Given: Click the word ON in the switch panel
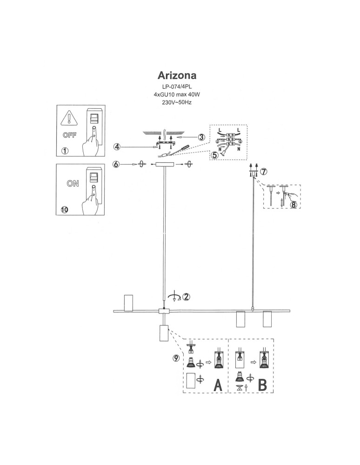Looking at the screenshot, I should (73, 183).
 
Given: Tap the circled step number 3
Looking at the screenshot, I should (201, 137).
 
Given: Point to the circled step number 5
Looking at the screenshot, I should (214, 155).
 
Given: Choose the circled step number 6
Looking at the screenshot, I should (117, 164).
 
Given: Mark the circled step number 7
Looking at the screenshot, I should (264, 172).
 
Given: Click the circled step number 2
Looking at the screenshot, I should (186, 296).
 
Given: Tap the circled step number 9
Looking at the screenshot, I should (175, 358).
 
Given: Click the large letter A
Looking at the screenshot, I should (217, 385).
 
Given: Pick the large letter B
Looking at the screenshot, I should (262, 385).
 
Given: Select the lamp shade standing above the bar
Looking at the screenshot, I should (128, 302).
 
